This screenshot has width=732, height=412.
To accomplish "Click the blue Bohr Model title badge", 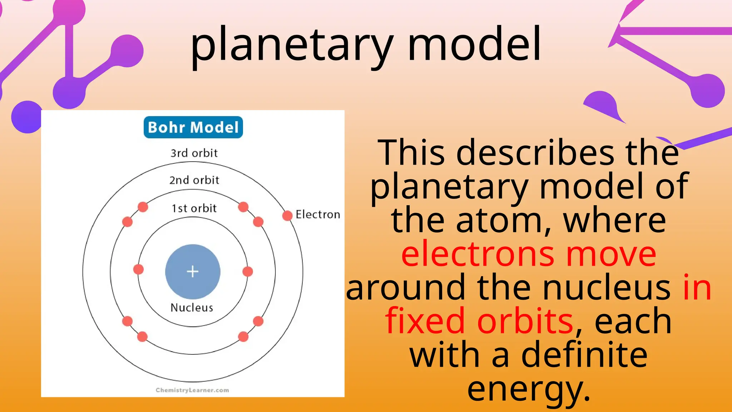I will click(x=193, y=127).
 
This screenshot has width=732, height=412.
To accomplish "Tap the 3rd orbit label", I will click(x=194, y=153).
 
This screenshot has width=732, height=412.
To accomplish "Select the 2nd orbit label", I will click(x=194, y=180).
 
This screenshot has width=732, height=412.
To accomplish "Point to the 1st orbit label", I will click(x=194, y=208).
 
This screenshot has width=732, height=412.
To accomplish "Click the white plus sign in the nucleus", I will click(x=193, y=271).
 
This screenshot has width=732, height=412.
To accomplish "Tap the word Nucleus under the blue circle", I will click(x=192, y=308).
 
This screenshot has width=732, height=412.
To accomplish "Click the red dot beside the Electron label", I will click(x=287, y=216).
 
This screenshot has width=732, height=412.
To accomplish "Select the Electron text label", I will click(x=318, y=215).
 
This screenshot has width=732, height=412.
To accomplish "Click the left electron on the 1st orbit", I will click(x=138, y=269).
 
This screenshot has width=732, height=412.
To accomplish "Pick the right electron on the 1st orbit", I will click(x=248, y=271).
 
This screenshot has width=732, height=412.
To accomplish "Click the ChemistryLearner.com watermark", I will click(x=192, y=390).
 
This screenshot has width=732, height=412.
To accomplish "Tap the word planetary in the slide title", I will click(x=291, y=45).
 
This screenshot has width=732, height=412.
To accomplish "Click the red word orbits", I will click(x=525, y=321).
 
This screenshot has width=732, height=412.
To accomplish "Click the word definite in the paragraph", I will click(x=584, y=355).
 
